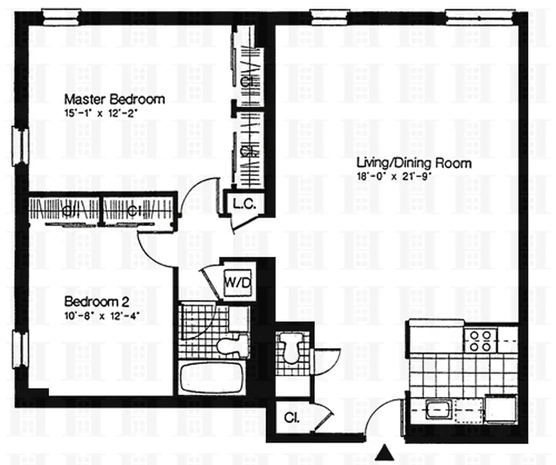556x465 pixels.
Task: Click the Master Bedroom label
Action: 114,99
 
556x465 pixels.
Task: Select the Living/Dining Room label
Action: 414,163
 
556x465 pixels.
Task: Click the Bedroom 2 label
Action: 96,302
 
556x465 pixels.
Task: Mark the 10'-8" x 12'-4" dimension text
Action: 103,316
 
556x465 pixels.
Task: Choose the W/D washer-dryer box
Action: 235,282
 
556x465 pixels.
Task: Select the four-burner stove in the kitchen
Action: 480,341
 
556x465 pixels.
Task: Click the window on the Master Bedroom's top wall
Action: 61,16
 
